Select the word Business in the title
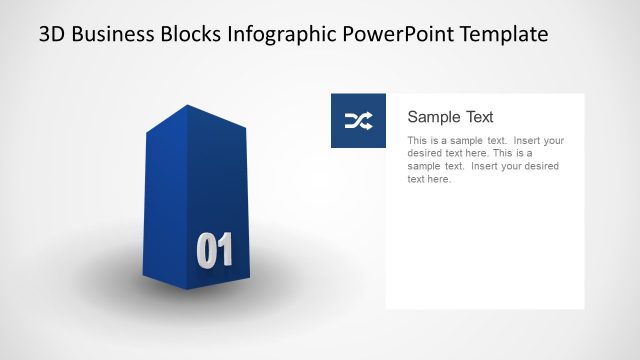[114, 35]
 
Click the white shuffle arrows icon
[358, 121]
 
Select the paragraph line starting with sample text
[483, 167]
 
